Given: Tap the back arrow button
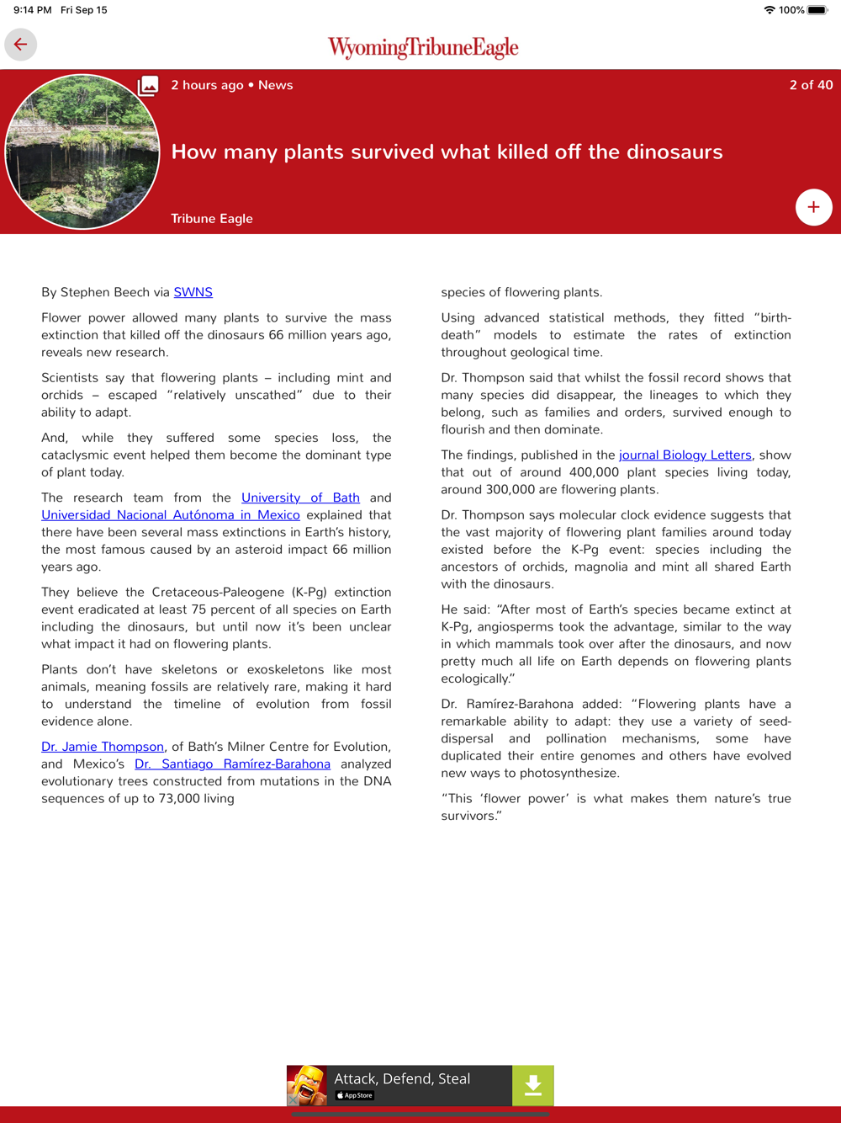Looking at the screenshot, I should click(x=21, y=45).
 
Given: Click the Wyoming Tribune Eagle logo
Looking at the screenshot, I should click(x=423, y=47).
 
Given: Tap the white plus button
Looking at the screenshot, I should click(x=813, y=207).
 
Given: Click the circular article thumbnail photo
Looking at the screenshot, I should click(x=82, y=152).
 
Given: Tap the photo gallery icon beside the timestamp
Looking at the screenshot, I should click(x=148, y=85).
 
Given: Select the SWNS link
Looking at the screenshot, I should click(x=193, y=292).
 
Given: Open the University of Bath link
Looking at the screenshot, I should click(x=300, y=498).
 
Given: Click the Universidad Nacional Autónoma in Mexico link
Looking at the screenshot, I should click(x=171, y=515).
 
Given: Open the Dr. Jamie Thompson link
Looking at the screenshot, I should click(x=103, y=747).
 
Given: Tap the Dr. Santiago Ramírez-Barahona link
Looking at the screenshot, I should click(x=232, y=764).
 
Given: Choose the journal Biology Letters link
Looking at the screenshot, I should click(x=685, y=455).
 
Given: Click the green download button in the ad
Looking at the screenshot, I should click(x=532, y=1086).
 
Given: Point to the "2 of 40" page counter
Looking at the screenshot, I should click(x=811, y=85).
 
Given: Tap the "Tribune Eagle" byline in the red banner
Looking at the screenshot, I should click(x=212, y=219).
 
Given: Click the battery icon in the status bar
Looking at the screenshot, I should click(x=817, y=10).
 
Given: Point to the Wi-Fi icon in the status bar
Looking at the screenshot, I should click(x=769, y=10).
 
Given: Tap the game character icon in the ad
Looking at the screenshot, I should click(x=307, y=1086).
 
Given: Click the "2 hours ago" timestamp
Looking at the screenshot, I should click(x=207, y=85).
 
